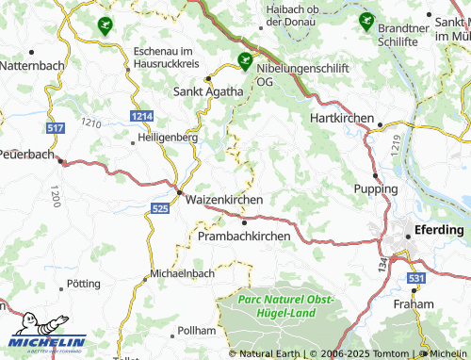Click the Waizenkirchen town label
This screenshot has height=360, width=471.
(224, 201)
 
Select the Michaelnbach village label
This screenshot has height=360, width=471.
(183, 274)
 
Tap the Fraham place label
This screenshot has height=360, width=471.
(414, 304)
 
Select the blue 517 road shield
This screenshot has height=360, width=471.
(56, 127)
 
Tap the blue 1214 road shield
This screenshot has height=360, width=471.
(142, 115)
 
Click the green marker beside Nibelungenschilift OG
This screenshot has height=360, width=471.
(245, 61)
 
